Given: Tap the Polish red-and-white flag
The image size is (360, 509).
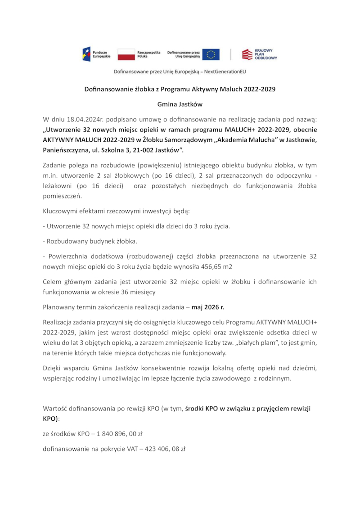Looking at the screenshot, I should click(x=126, y=54).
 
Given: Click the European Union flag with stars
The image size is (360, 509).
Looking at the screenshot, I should click(x=211, y=54).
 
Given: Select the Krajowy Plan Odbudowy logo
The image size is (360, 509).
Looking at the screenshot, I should click(x=260, y=54).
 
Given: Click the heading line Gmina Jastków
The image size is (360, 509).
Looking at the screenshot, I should click(x=180, y=104).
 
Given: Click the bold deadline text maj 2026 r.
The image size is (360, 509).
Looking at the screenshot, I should click(x=207, y=307).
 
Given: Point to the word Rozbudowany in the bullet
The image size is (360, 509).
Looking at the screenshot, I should click(x=67, y=241).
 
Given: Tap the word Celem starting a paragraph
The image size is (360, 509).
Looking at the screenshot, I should click(x=52, y=282).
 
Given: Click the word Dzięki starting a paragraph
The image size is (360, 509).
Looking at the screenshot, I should click(x=53, y=368).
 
